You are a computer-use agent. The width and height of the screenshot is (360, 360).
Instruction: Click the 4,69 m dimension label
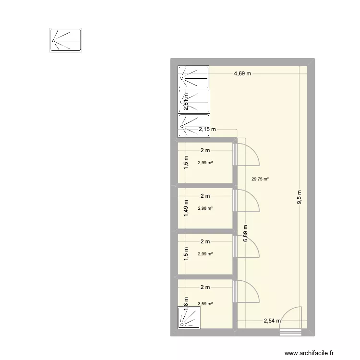[x=243, y=74]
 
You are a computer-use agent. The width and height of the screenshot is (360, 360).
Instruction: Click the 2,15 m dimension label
[x=207, y=129]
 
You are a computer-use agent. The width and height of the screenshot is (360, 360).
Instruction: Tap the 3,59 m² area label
[x=205, y=303]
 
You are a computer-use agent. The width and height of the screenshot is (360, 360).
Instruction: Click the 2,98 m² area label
[x=205, y=208]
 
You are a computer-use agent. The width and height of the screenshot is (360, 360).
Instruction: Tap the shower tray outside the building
[x=66, y=40]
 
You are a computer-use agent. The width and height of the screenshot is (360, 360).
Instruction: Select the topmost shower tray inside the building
[x=194, y=76]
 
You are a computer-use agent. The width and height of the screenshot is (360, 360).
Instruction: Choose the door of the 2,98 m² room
[x=247, y=202]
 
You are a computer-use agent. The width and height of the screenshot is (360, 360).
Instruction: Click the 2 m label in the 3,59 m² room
[x=205, y=288]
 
